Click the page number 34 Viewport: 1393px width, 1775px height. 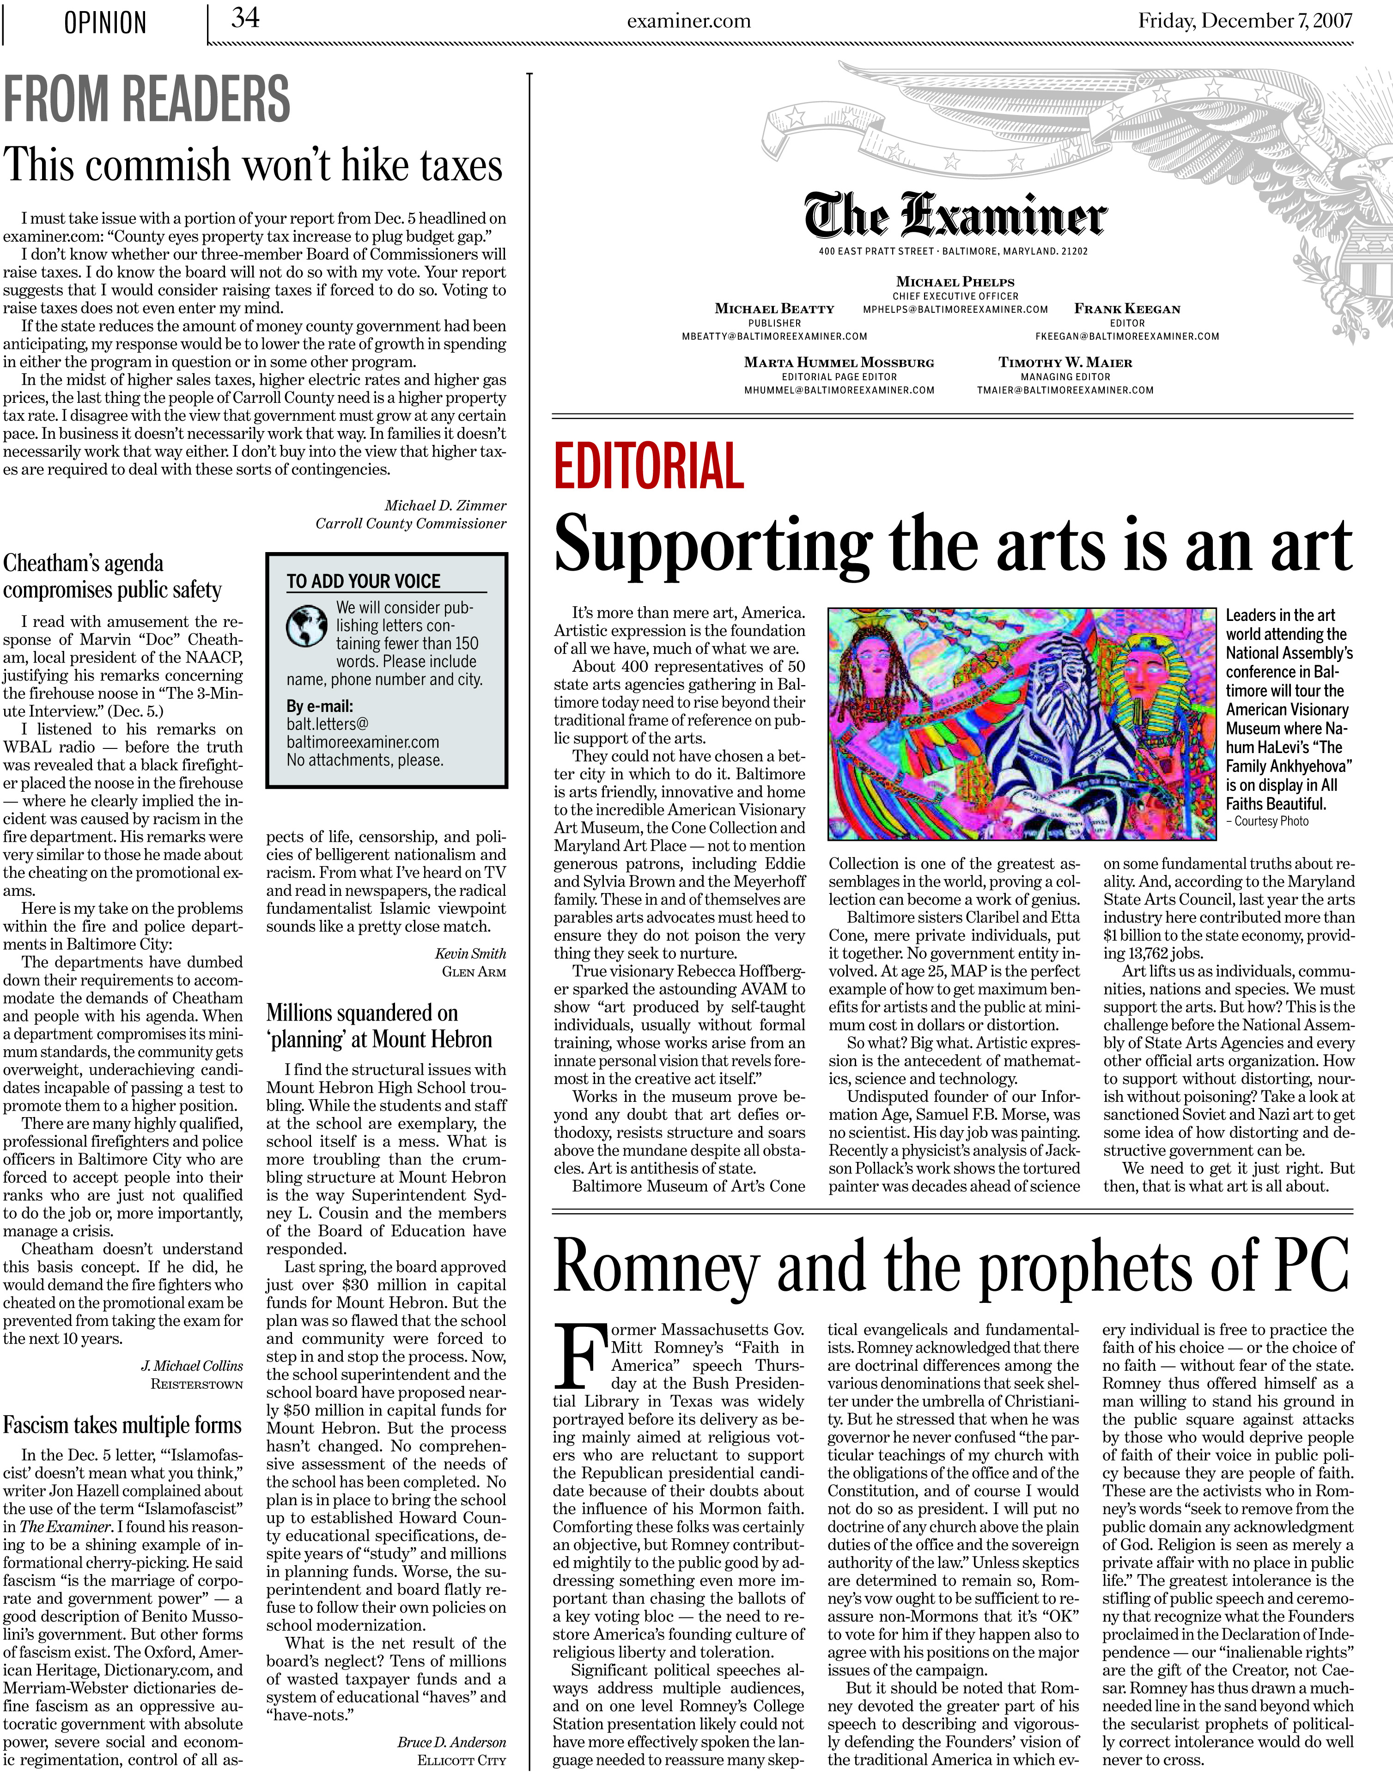click(x=245, y=18)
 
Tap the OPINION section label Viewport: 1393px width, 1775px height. click(x=105, y=23)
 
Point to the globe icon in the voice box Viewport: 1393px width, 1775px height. click(x=307, y=626)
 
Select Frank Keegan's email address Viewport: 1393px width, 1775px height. click(x=1127, y=336)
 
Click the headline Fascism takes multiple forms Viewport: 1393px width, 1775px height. click(x=122, y=1425)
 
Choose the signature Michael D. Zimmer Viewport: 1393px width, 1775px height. click(x=445, y=505)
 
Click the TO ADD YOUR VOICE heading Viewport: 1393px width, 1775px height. click(x=363, y=581)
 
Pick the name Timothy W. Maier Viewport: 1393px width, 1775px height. click(x=1065, y=363)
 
